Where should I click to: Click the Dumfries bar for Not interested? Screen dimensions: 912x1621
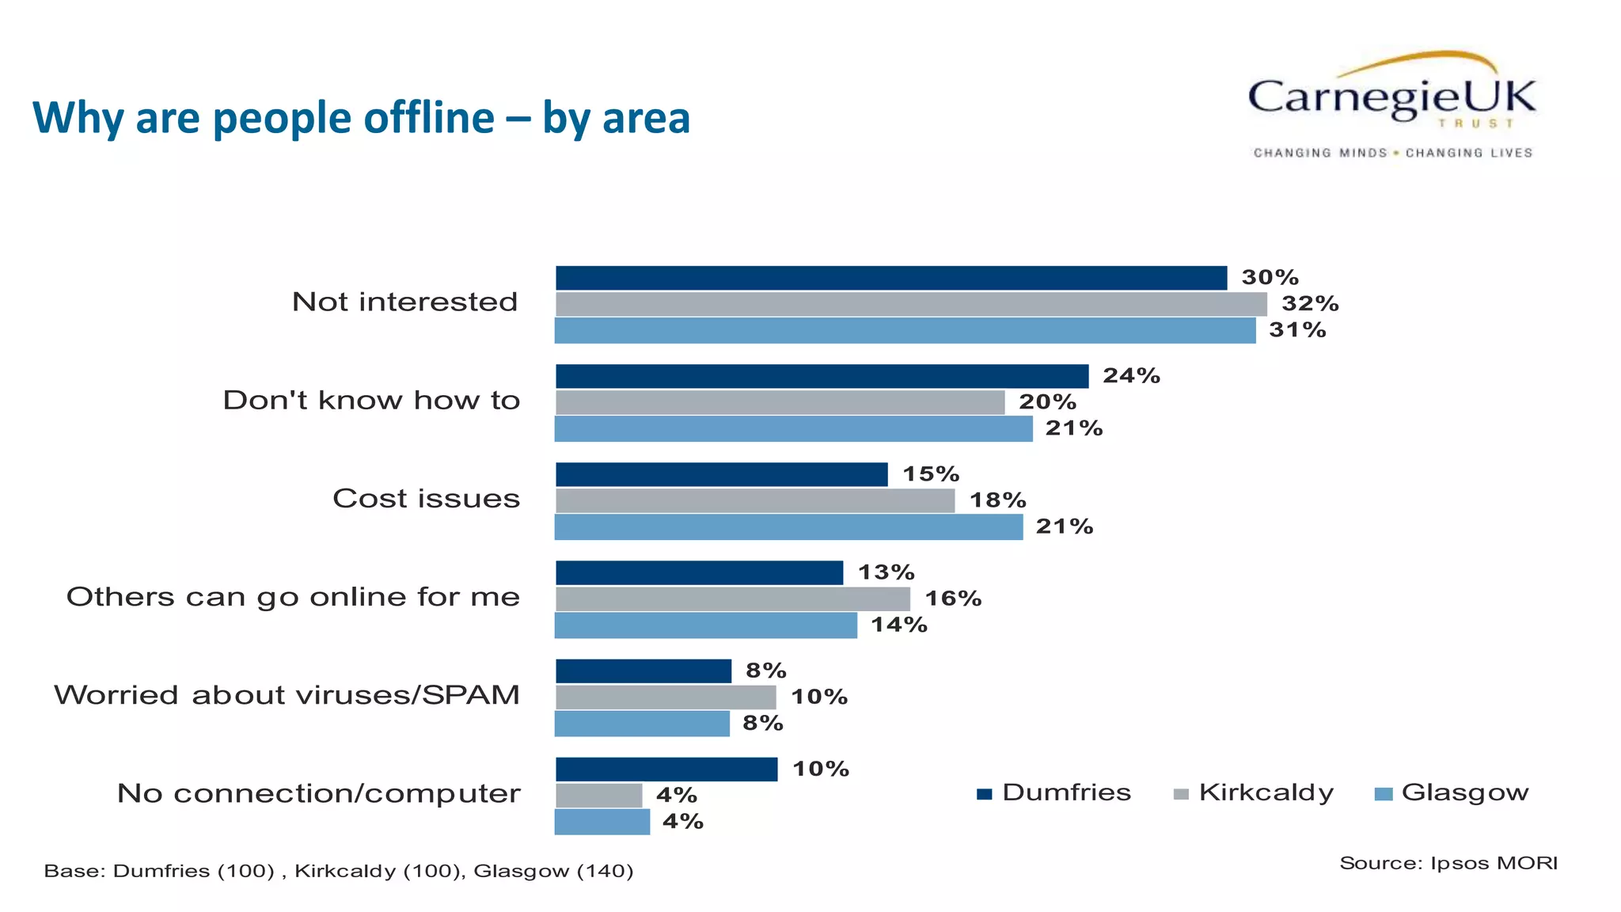(x=890, y=278)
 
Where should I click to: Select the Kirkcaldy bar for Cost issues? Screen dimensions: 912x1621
(x=754, y=500)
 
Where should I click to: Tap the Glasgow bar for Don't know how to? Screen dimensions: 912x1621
(x=793, y=428)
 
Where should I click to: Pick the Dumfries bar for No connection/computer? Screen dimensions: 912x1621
(x=666, y=769)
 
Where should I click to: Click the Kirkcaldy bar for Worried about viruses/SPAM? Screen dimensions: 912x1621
(x=665, y=697)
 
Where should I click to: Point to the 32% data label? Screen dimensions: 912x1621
(x=1310, y=303)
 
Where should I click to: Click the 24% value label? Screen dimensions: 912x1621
(x=1131, y=375)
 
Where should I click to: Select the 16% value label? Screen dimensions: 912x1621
(x=953, y=598)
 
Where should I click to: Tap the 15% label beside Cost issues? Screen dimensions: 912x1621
(x=931, y=474)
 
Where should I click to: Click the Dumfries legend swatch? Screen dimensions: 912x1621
(x=984, y=794)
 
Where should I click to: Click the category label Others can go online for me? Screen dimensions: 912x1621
(x=293, y=597)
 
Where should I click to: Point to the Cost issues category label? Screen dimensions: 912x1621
(x=426, y=499)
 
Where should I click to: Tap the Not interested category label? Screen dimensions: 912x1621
(x=404, y=302)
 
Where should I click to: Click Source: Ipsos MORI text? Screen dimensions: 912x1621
(x=1448, y=863)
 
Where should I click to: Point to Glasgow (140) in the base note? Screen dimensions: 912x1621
(x=553, y=872)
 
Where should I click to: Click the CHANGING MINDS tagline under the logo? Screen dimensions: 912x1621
(x=1319, y=153)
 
